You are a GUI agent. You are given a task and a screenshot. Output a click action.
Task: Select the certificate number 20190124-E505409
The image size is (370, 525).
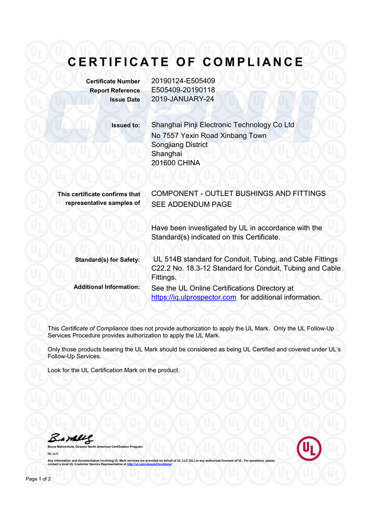183,81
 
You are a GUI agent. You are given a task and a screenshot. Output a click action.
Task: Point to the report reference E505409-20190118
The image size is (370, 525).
183,90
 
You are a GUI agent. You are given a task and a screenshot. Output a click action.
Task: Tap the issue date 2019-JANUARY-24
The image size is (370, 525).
183,99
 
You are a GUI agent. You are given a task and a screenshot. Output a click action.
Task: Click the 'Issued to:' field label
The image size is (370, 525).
126,125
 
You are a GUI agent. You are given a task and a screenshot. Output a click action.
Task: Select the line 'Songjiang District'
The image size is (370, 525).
179,144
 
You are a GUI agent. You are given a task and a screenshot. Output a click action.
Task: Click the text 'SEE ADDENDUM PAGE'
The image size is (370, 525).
191,204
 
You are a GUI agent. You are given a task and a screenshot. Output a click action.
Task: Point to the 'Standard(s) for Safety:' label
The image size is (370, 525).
107,260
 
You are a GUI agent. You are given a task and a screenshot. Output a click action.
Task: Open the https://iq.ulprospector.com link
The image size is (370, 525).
194,297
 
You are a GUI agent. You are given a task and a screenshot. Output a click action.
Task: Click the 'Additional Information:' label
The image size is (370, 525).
107,287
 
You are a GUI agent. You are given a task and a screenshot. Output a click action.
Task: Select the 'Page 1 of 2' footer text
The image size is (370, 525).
38,479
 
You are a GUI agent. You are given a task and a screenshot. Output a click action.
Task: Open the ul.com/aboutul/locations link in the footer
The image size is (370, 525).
149,464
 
